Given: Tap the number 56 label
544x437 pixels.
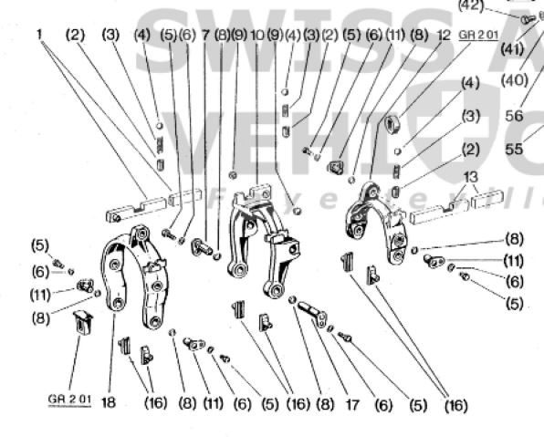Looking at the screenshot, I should [x=514, y=117].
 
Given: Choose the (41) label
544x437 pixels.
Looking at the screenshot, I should [x=512, y=47].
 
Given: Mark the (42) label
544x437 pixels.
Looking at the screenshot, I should [x=471, y=5].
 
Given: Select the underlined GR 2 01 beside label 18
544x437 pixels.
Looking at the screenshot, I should [x=68, y=399].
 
